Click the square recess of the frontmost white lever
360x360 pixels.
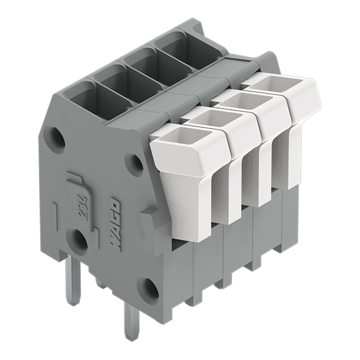click(x=191, y=138)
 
